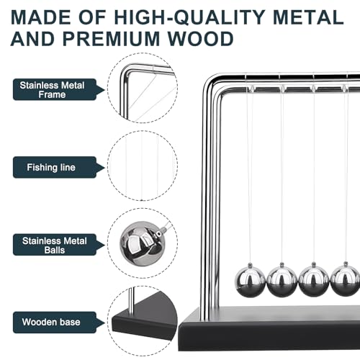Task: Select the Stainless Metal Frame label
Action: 53,89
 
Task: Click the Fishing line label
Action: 53,167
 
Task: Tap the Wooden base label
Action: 53,322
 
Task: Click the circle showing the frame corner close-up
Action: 142,89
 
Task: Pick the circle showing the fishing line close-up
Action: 142,166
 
